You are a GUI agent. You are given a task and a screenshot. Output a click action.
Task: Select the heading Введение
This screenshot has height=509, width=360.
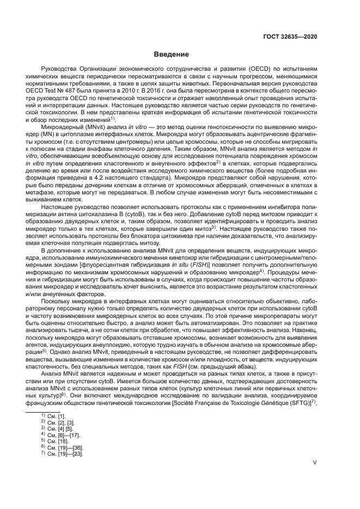tap(171, 54)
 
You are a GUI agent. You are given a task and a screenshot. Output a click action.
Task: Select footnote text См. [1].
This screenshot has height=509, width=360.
tap(56, 416)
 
